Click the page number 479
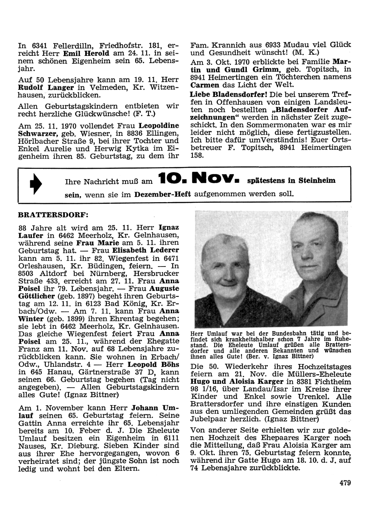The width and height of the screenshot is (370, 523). (x=344, y=482)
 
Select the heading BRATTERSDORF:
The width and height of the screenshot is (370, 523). (x=54, y=214)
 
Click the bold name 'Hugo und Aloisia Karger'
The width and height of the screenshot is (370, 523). (x=236, y=382)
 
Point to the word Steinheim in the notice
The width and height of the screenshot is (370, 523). (x=317, y=181)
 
